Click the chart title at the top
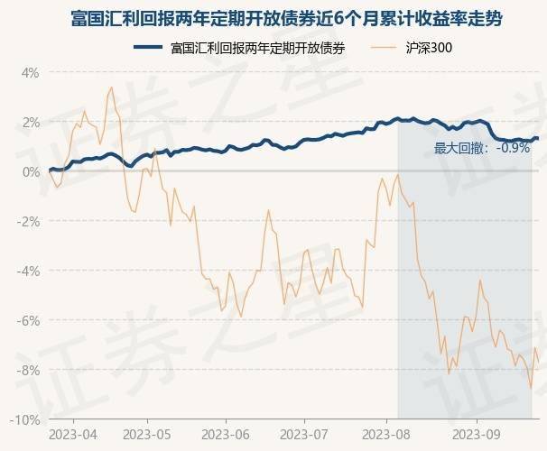273,19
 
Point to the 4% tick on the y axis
30,72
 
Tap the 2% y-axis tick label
30,122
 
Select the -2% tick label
28,221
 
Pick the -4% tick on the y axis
28,271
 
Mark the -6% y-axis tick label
28,320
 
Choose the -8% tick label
28,370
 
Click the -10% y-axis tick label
25,419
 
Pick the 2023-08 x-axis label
385,434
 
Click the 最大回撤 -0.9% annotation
481,148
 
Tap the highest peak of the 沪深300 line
111,87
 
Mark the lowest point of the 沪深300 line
531,388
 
